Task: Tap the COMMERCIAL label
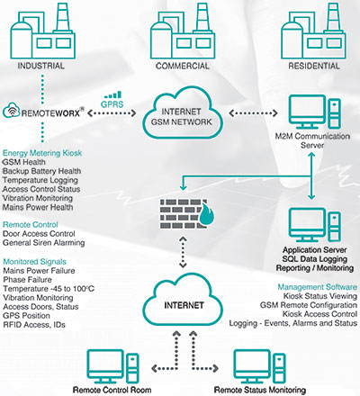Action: click(183, 66)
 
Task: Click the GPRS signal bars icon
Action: click(112, 94)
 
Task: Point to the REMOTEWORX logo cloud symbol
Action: click(12, 111)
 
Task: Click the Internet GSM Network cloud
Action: click(183, 113)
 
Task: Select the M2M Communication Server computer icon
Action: click(315, 112)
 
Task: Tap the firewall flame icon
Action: click(206, 213)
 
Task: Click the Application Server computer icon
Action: click(315, 225)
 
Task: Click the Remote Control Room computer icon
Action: click(112, 366)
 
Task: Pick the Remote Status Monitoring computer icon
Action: click(259, 366)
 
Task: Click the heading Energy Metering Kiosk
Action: click(42, 153)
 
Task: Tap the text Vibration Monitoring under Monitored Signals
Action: click(38, 298)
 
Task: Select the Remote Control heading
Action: click(31, 225)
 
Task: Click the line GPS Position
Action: click(26, 316)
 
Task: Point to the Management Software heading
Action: click(318, 287)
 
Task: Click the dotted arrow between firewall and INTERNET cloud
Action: click(183, 252)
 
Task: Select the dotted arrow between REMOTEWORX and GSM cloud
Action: click(112, 113)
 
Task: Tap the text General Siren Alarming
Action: click(44, 243)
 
